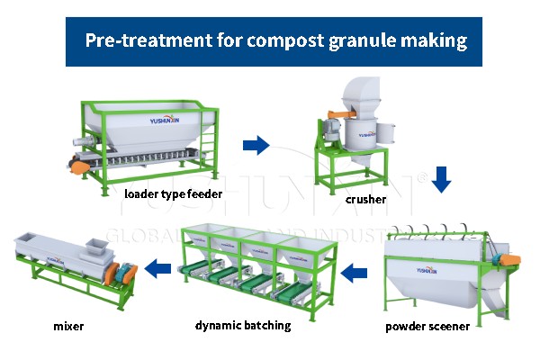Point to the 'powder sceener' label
(427, 327)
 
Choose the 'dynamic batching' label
(243, 325)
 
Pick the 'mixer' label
(68, 326)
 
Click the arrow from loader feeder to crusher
(256, 143)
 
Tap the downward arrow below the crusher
(440, 180)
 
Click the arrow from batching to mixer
(159, 266)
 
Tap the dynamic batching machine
(256, 265)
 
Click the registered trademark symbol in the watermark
(420, 177)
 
